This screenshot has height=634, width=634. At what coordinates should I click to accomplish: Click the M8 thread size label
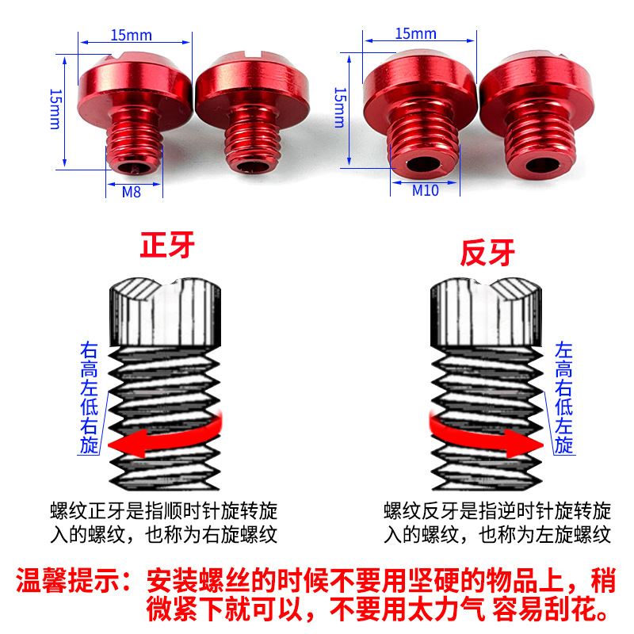(x=132, y=192)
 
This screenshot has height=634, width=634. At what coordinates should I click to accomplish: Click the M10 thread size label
(x=426, y=190)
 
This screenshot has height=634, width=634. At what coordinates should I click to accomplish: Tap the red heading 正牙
(x=167, y=246)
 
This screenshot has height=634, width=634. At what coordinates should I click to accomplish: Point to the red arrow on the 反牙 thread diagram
(x=486, y=437)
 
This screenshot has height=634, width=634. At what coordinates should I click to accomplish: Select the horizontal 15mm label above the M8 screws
(x=131, y=35)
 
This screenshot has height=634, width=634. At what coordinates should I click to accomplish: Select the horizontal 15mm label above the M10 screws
(x=415, y=33)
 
